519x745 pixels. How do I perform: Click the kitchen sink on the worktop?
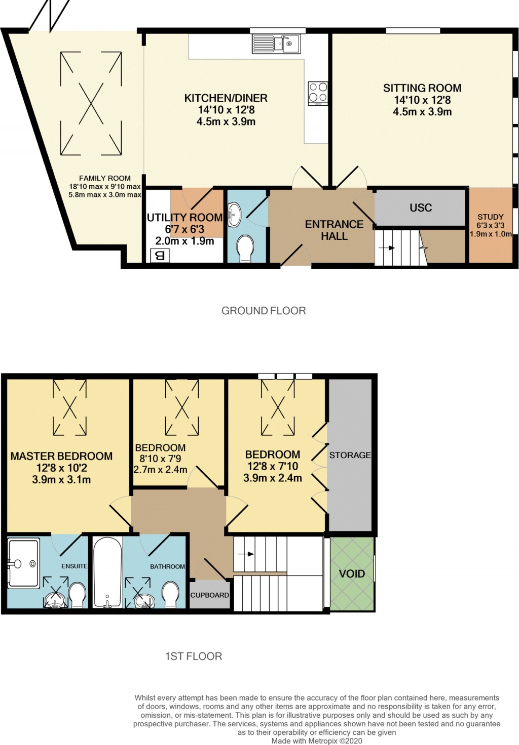coord(276,44)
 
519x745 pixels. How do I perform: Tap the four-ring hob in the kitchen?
coord(318,93)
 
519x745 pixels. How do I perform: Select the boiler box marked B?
coord(160,256)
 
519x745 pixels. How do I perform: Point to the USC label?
coord(421,208)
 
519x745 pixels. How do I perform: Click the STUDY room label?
coord(491,217)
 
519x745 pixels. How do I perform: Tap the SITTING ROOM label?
coord(422,88)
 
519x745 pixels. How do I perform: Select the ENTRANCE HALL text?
coord(334,230)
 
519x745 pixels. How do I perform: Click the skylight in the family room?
coord(91,103)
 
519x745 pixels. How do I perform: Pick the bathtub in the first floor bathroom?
coord(107,572)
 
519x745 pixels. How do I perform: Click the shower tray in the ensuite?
coord(24,563)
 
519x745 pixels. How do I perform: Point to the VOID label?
coord(352,574)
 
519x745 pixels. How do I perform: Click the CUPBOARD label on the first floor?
coord(209,595)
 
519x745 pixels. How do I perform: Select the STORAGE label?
coord(350,455)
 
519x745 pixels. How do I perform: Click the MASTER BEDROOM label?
coord(61,456)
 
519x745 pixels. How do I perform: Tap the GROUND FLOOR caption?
coord(264,311)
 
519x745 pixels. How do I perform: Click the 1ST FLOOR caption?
coord(194,656)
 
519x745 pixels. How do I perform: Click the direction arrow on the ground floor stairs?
coord(391,248)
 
